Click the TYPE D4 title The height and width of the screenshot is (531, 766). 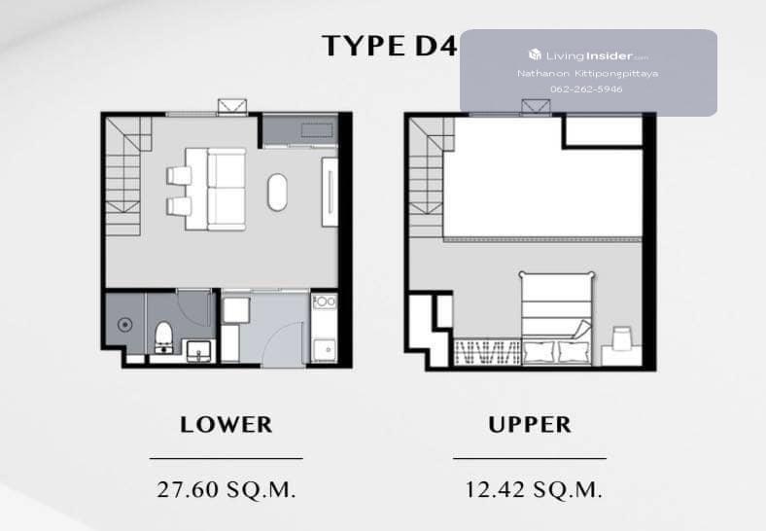(x=390, y=46)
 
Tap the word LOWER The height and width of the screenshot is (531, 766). (x=226, y=424)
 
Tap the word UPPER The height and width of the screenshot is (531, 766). (x=530, y=424)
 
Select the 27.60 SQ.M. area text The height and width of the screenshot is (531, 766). (x=226, y=489)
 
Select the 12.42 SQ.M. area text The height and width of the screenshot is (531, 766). (x=533, y=489)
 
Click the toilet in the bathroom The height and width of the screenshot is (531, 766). (x=163, y=336)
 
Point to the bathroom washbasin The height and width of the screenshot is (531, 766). (x=199, y=350)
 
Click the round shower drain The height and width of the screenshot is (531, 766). (x=125, y=324)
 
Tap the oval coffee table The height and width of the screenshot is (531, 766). (x=277, y=193)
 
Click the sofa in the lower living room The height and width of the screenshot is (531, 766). (x=226, y=190)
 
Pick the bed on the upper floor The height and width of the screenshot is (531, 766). (x=557, y=318)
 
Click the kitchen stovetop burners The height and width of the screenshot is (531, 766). (x=324, y=301)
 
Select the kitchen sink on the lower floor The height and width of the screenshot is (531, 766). (x=324, y=349)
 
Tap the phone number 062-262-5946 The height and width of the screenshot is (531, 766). (x=586, y=89)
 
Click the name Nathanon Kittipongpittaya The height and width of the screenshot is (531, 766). (x=588, y=73)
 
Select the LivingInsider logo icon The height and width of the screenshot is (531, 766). (x=535, y=54)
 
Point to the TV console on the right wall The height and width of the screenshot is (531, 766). (x=330, y=192)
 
